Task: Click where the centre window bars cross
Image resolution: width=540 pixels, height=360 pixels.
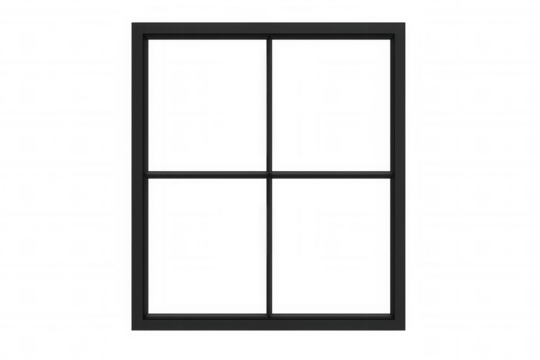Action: [271, 173]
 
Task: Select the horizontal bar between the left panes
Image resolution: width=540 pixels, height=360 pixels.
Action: [208, 173]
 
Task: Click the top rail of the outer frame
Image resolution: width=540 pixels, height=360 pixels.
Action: [271, 29]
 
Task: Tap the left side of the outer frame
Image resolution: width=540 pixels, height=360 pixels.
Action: [138, 173]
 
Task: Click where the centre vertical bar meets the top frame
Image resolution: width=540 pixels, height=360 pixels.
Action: [271, 36]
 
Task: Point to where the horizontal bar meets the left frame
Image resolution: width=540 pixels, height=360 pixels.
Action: [145, 173]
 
